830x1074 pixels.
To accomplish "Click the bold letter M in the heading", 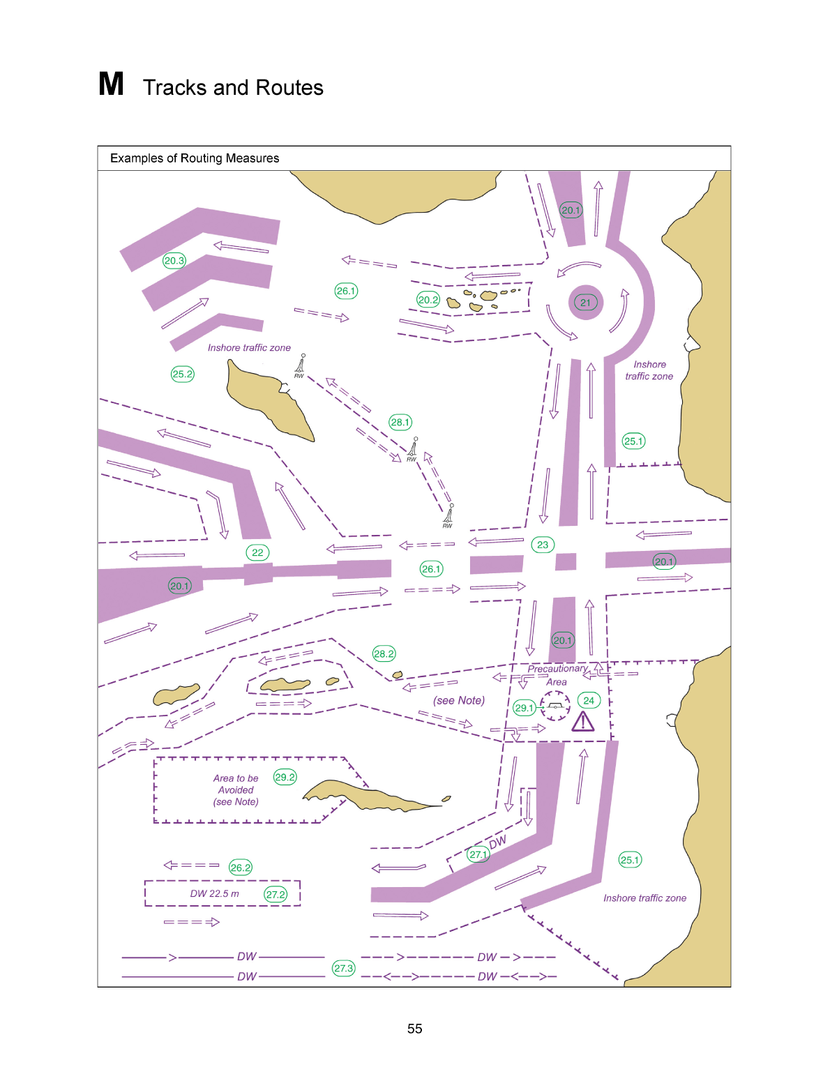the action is (111, 84).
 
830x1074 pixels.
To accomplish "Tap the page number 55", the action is (415, 1029).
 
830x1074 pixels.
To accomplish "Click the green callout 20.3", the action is (174, 260).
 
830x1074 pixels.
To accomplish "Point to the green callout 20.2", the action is (428, 299).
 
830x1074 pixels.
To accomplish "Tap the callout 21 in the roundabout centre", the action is (585, 303).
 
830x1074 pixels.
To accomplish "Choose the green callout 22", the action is (257, 552).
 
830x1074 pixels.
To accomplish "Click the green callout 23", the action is (543, 545).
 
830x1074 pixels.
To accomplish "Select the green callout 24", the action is (588, 700).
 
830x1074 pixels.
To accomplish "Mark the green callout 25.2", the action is (183, 374).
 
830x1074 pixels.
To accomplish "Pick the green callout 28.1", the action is (400, 422).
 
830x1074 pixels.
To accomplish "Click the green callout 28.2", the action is (384, 654).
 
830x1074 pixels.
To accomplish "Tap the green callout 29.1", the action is (524, 708).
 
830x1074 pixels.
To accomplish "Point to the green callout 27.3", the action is (344, 968).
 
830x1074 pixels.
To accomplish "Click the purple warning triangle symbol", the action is (583, 722).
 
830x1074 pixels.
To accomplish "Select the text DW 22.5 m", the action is (215, 893).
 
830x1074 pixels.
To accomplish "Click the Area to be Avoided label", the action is (236, 789).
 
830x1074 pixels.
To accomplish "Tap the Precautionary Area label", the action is (557, 675).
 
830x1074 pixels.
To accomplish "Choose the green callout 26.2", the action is (240, 868).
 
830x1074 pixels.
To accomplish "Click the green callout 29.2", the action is (285, 777).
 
